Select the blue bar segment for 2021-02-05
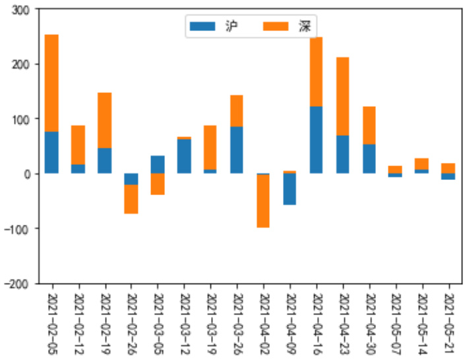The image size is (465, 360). [x=51, y=152]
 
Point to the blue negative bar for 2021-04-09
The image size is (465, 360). [x=290, y=189]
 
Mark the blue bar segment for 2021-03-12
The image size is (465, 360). [x=184, y=156]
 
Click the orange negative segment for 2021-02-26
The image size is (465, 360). [x=131, y=199]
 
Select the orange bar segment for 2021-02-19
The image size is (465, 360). [x=104, y=121]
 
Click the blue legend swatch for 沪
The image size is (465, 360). [x=202, y=26]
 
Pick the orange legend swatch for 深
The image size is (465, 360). [x=276, y=26]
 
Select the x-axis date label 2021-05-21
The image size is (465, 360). [x=449, y=323]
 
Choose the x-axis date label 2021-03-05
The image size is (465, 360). [x=158, y=323]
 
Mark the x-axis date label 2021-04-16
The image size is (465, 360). [x=317, y=323]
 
